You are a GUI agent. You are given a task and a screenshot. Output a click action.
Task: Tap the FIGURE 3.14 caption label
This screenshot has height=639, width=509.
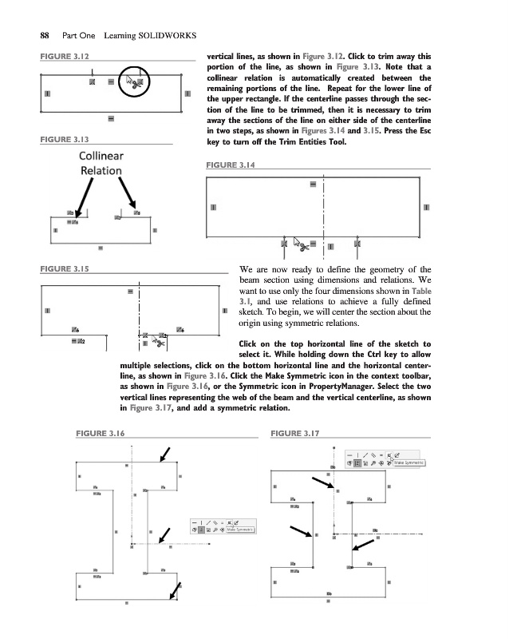tap(231, 165)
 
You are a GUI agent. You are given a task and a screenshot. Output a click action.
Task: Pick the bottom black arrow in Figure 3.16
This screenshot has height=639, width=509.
tap(175, 589)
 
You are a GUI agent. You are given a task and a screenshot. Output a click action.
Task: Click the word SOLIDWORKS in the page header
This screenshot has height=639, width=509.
tap(162, 35)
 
